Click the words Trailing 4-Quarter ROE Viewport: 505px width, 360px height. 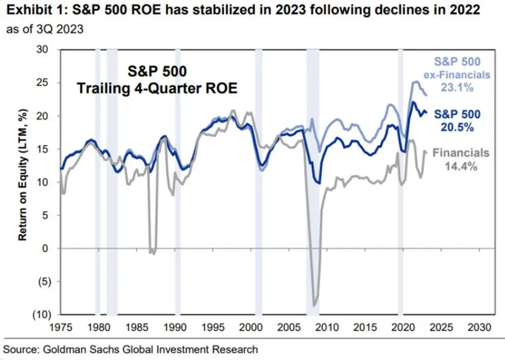click(x=157, y=89)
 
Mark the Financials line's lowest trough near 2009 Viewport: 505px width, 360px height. click(x=315, y=306)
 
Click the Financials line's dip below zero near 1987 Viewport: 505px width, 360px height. click(x=151, y=253)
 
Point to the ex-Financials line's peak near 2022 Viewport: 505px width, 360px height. click(x=415, y=82)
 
